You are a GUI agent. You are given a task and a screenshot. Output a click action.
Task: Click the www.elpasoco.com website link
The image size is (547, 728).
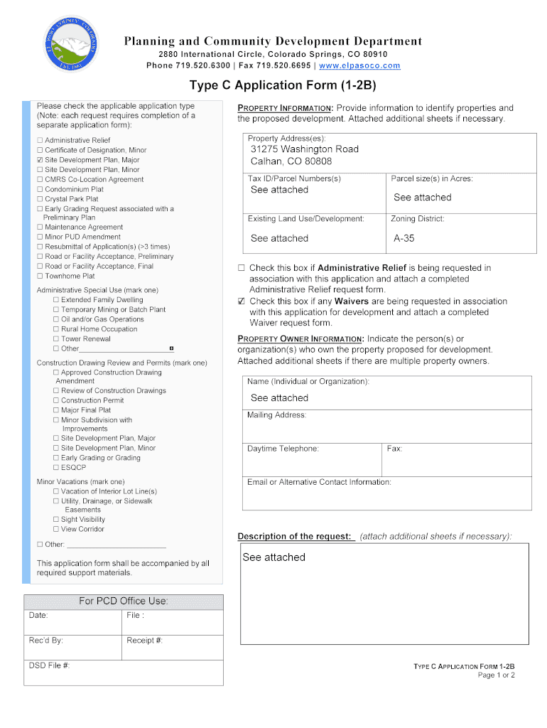click(x=359, y=65)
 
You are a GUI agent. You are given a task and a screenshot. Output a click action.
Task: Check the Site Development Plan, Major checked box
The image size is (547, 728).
click(x=40, y=161)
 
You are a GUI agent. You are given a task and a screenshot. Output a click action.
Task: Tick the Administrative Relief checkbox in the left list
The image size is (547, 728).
click(x=40, y=141)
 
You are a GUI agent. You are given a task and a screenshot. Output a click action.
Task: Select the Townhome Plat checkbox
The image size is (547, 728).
click(x=40, y=276)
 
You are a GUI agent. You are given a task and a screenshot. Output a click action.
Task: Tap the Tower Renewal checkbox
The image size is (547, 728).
click(x=56, y=339)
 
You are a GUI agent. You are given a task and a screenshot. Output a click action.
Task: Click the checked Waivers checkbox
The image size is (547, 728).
click(x=242, y=301)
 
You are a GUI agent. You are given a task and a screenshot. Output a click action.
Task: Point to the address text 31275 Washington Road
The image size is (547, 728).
click(x=304, y=149)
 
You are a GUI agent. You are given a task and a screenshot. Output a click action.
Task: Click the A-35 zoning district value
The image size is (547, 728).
click(x=404, y=238)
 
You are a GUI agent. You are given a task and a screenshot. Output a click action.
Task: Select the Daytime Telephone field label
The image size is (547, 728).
click(x=283, y=449)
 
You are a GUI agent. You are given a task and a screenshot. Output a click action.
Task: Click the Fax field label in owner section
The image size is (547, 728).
click(x=394, y=449)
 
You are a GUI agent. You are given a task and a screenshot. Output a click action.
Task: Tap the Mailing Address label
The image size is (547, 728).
click(x=276, y=415)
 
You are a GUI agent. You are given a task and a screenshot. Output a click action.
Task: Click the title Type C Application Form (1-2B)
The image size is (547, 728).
click(x=282, y=86)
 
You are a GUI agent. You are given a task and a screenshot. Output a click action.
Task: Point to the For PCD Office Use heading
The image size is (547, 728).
click(x=123, y=601)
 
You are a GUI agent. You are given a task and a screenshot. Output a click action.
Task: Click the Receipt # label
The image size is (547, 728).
click(x=145, y=640)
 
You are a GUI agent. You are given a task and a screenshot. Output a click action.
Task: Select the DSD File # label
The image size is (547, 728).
click(x=49, y=665)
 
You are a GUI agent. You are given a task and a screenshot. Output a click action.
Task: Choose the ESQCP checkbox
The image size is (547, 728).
click(x=56, y=468)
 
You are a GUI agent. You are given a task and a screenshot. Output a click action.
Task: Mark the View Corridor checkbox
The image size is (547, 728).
click(x=56, y=530)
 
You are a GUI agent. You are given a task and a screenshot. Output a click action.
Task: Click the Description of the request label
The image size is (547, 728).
click(x=295, y=536)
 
